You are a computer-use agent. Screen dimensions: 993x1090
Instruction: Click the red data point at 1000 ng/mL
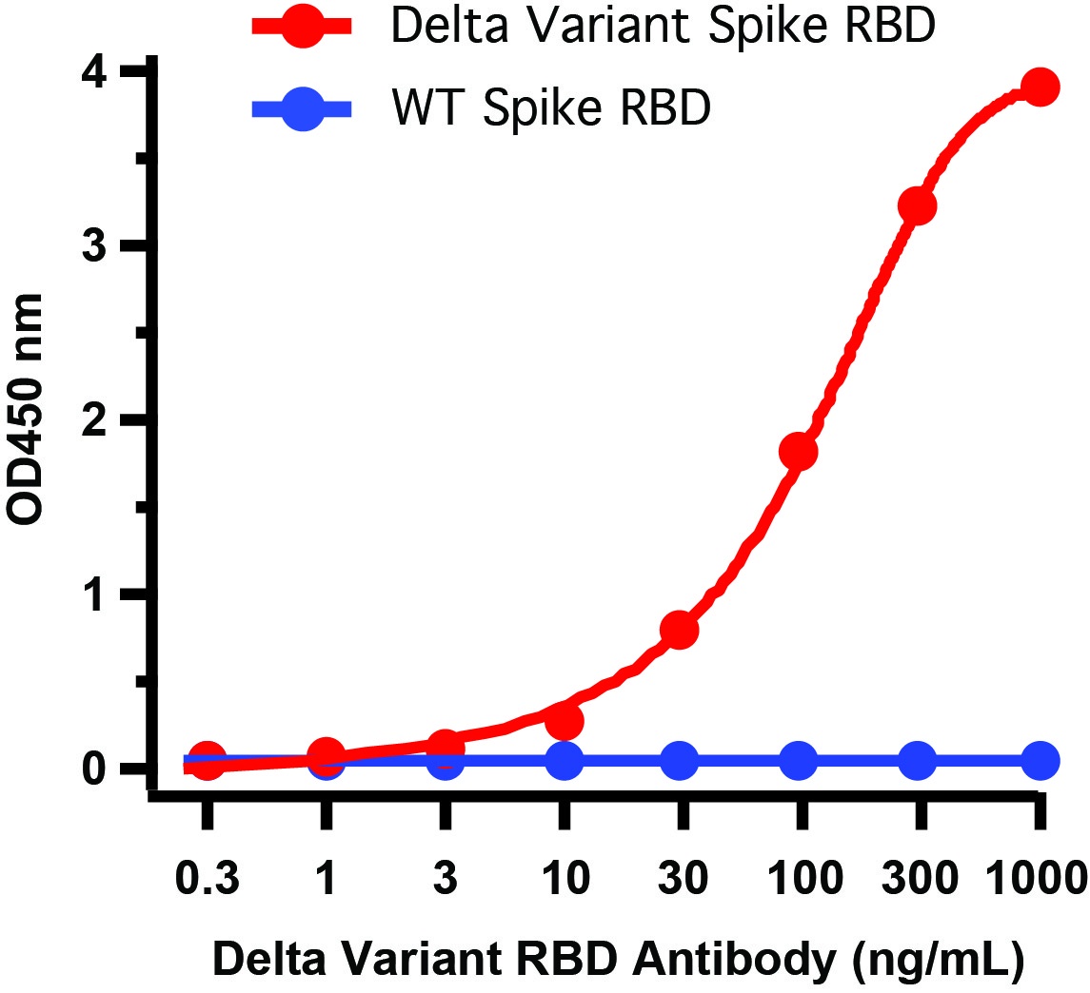click(1040, 88)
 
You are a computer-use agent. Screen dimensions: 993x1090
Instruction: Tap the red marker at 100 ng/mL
click(799, 452)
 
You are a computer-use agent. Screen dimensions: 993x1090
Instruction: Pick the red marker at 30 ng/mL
click(680, 630)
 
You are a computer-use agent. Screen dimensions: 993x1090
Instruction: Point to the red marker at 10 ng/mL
click(565, 722)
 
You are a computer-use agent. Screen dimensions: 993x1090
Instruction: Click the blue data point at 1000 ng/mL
click(1040, 761)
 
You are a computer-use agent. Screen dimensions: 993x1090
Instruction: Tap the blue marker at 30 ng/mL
click(680, 761)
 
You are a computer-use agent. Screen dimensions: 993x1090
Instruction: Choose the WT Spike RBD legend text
click(551, 110)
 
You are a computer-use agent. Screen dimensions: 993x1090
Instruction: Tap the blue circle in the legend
click(303, 110)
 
